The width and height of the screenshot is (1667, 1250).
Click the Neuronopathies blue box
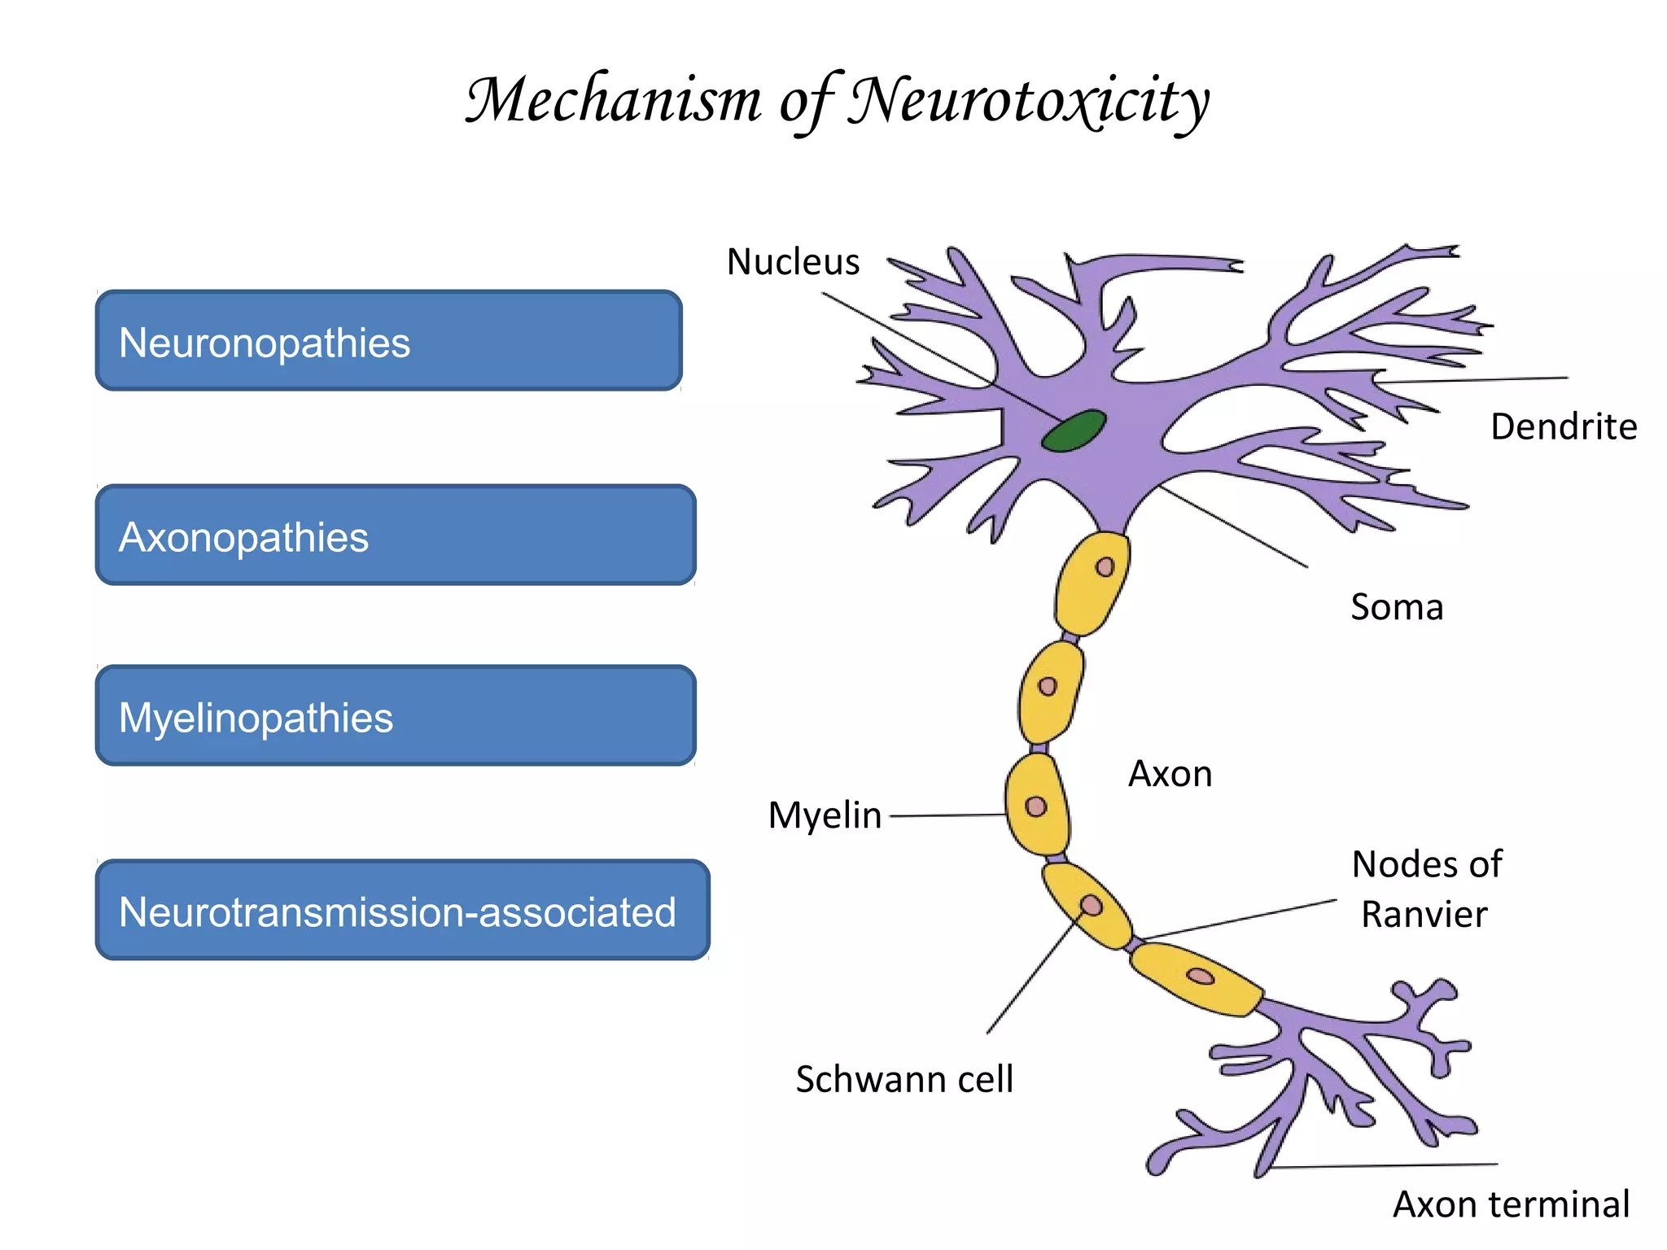[x=388, y=341]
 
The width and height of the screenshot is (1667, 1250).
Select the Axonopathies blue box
[x=396, y=535]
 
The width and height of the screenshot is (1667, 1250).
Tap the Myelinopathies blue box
[x=396, y=716]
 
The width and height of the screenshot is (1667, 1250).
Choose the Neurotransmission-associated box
[x=402, y=910]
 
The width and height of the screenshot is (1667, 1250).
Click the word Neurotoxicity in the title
[x=1029, y=101]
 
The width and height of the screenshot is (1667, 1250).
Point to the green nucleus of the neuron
[x=1074, y=431]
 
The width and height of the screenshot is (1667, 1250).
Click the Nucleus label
[x=793, y=262]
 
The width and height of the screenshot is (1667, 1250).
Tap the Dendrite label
[x=1563, y=426]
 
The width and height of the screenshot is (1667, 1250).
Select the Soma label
[x=1397, y=607]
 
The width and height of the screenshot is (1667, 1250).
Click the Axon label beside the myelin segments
[x=1170, y=774]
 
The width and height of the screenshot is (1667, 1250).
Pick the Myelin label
[x=825, y=815]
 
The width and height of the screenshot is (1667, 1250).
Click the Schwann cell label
[x=904, y=1080]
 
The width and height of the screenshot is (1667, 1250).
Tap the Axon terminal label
[x=1511, y=1204]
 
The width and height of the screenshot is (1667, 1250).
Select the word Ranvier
[x=1424, y=915]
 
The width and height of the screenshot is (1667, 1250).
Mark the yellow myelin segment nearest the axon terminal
[x=1195, y=979]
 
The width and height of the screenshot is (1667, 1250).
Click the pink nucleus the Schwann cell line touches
[x=1092, y=906]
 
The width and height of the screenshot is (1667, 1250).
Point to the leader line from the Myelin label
[x=948, y=815]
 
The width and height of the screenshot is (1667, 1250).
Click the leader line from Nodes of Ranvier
[x=1237, y=920]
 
